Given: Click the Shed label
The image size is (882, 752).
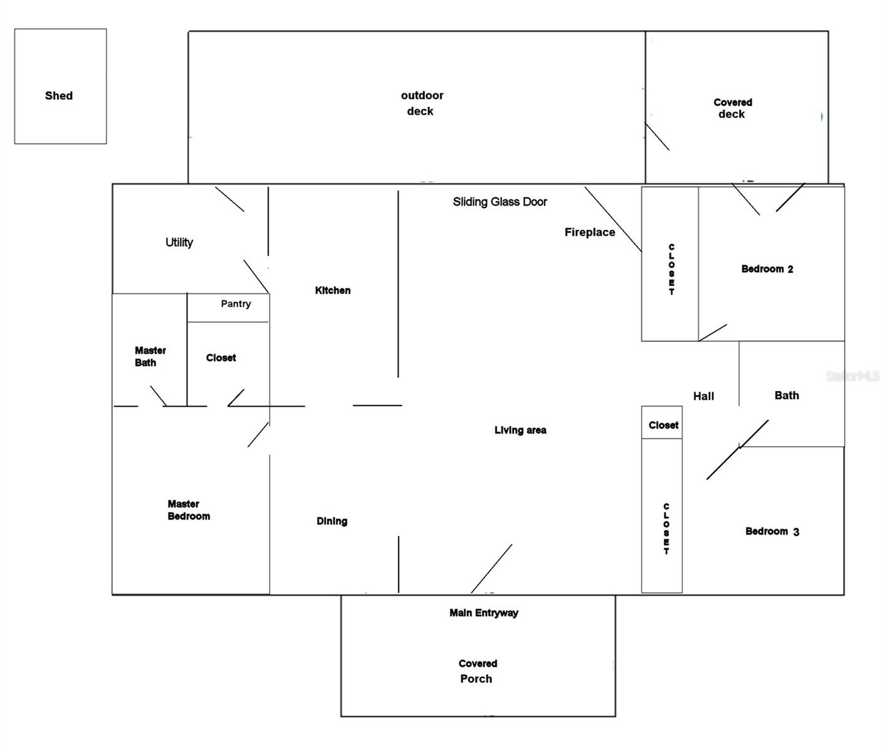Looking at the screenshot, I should click(59, 96).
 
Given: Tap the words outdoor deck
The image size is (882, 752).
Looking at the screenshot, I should click(421, 103).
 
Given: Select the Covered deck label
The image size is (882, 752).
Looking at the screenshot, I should click(732, 108).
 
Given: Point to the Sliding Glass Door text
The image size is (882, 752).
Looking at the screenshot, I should click(500, 202).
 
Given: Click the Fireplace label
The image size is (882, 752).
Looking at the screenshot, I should click(589, 232).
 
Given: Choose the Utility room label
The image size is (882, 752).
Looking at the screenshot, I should click(179, 243).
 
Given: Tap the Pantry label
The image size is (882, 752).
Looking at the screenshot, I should click(236, 304).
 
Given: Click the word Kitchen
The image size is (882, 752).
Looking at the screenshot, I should click(332, 290).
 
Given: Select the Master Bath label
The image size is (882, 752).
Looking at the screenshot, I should click(150, 357).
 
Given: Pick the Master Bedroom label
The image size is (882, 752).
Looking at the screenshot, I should click(188, 510).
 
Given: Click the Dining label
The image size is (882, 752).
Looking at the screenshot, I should click(332, 521).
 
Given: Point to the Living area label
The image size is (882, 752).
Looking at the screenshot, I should click(520, 430).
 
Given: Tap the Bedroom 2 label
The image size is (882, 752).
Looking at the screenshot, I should click(767, 269).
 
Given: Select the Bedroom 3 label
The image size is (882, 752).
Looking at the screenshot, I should click(772, 531).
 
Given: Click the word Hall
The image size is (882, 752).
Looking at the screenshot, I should click(703, 396).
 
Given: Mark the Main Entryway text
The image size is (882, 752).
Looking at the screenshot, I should click(483, 613).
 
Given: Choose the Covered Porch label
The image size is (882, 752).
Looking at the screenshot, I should click(477, 671).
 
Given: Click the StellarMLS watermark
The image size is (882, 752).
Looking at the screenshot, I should click(853, 376).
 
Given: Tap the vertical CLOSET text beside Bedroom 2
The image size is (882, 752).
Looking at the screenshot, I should click(671, 269).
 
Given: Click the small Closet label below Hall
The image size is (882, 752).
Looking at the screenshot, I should click(663, 425).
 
